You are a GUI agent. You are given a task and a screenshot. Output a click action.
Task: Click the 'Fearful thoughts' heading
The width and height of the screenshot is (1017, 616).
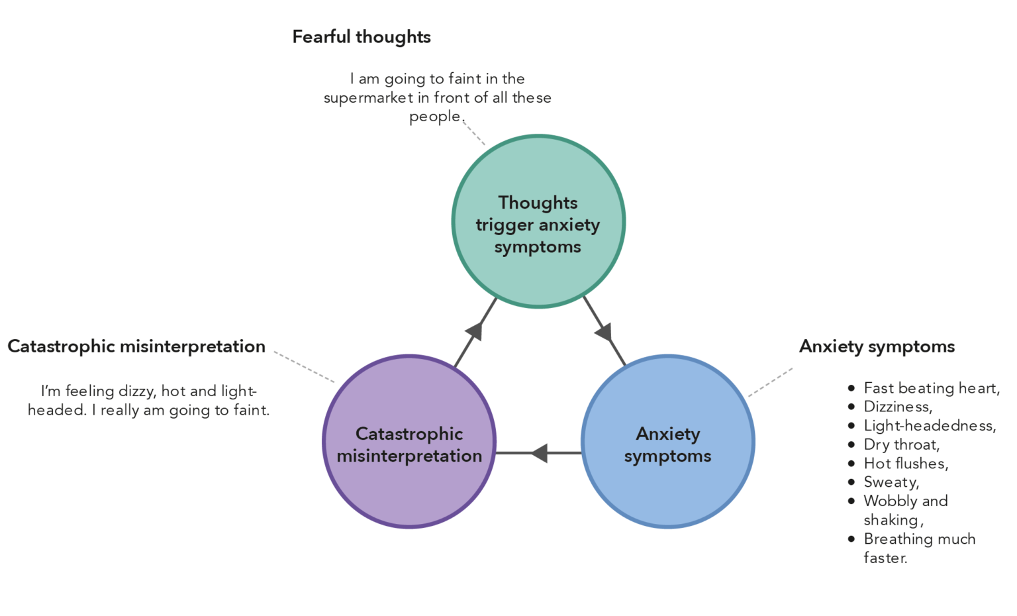(362, 37)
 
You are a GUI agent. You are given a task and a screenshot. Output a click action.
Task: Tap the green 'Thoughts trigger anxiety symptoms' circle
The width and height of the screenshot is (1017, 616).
(538, 221)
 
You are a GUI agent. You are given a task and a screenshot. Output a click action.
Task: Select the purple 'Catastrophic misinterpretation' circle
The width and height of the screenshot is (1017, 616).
(409, 442)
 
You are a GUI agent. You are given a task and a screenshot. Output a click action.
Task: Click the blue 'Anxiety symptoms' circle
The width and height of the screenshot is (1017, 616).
(667, 442)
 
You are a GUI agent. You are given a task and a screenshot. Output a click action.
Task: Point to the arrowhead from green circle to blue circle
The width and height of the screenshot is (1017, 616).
(604, 331)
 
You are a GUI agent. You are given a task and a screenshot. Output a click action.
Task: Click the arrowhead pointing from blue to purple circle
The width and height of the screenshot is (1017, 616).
(540, 453)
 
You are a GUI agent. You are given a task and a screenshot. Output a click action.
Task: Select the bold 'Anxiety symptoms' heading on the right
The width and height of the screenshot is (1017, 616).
(877, 346)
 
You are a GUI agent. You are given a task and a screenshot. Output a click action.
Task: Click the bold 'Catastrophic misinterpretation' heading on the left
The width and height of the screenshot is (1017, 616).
(136, 346)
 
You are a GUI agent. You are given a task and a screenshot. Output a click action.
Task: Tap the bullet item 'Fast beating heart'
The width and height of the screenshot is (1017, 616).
(931, 388)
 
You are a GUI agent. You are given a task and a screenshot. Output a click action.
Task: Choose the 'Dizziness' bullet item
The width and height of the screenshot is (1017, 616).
(898, 407)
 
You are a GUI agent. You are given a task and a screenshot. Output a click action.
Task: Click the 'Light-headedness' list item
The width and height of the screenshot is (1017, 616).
(930, 426)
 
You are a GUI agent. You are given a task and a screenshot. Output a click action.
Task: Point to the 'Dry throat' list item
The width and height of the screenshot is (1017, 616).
(901, 444)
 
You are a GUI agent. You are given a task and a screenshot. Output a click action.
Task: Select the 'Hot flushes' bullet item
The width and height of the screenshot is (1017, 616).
(906, 464)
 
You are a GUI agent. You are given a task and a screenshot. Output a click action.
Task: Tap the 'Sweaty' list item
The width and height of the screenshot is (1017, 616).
(891, 482)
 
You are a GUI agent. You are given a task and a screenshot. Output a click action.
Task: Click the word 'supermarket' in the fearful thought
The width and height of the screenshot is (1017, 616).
(368, 98)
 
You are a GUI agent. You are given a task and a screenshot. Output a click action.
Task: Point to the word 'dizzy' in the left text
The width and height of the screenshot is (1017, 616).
(136, 391)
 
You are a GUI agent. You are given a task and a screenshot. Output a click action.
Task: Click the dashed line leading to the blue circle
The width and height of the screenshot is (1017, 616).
(770, 383)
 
